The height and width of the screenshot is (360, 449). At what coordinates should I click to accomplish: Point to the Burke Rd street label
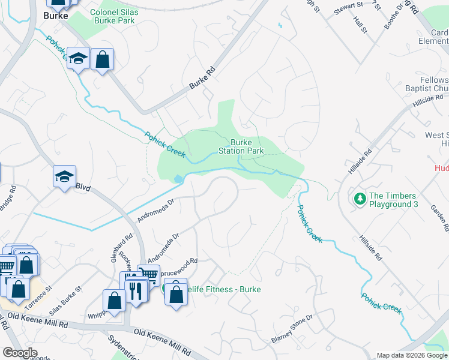pyautogui.click(x=202, y=79)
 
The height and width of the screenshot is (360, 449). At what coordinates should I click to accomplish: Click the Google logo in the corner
pyautogui.click(x=20, y=352)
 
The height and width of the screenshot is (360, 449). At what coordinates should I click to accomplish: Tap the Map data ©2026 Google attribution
pyautogui.click(x=412, y=355)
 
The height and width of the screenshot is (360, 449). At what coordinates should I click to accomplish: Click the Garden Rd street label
pyautogui.click(x=440, y=217)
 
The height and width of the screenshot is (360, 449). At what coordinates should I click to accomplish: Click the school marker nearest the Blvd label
pyautogui.click(x=64, y=177)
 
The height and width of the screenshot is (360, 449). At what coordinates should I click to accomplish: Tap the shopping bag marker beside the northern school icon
pyautogui.click(x=103, y=59)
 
